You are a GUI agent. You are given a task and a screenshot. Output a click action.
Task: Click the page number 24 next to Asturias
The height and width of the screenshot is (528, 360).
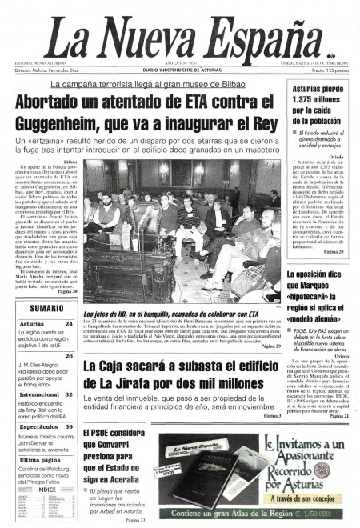tap(70, 324)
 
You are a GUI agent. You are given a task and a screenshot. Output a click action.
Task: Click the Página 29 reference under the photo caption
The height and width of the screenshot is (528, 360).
tap(268, 346)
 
